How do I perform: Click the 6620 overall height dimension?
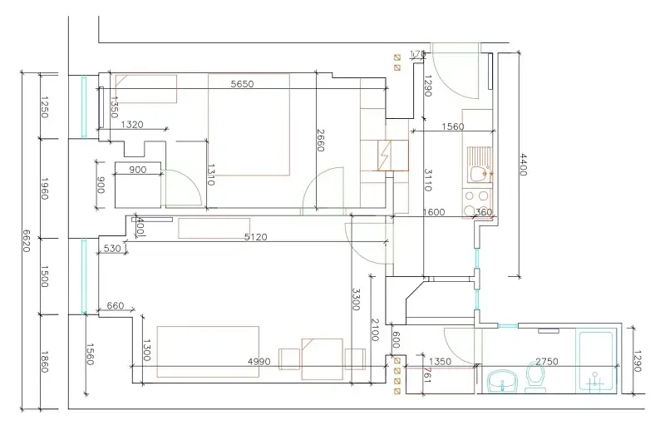pos(26,241)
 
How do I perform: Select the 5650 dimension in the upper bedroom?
pos(242,84)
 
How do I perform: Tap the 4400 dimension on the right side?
pos(523,164)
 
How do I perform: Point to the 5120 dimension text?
pos(255,237)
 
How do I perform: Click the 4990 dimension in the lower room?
pos(260,361)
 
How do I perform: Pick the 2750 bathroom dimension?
pos(546,361)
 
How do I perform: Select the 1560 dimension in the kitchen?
pos(452,126)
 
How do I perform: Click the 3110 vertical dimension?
pos(428,180)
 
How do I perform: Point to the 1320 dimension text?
pos(132,125)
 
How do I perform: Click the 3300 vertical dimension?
pos(355,299)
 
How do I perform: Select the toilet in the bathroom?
pos(534,377)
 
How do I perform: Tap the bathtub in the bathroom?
pos(596,363)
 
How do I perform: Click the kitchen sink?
pos(477,172)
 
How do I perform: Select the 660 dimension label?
pos(116,306)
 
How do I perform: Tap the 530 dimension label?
pos(111,249)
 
